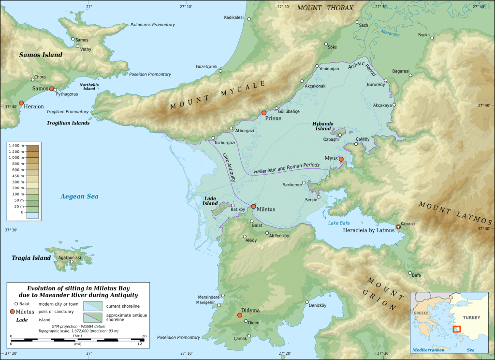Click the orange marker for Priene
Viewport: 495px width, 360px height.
click(264, 113)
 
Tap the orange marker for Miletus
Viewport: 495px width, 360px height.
click(253, 207)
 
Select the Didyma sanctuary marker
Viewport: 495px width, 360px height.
click(239, 315)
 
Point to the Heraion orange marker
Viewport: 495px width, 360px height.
click(21, 103)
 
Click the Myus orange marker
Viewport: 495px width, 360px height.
click(341, 159)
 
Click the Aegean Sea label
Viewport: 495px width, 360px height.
click(79, 196)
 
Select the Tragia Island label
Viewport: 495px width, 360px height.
click(31, 258)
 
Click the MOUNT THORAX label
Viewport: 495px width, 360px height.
click(325, 8)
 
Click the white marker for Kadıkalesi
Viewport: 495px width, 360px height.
click(249, 19)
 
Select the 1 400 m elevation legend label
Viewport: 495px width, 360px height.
click(16, 146)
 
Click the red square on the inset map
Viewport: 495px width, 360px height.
click(457, 329)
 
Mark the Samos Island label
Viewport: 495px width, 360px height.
click(41, 55)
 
